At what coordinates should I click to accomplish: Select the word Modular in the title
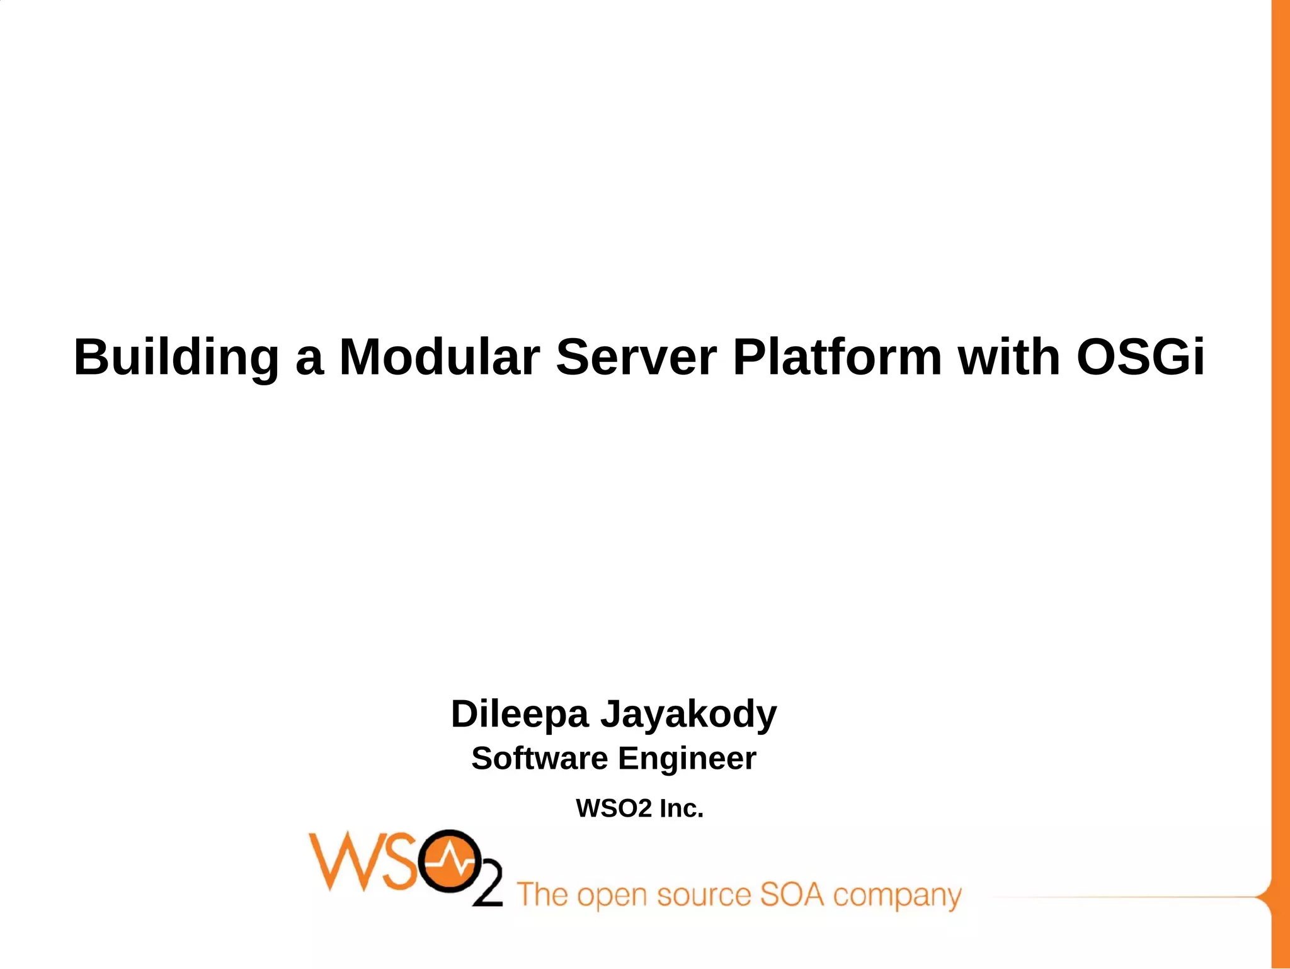click(x=439, y=357)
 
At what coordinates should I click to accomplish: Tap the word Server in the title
click(x=636, y=357)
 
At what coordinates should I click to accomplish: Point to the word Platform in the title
click(x=837, y=357)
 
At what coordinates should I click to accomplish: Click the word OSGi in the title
click(x=1140, y=357)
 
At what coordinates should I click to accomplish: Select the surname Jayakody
click(x=688, y=715)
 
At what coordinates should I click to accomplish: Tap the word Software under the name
click(x=539, y=758)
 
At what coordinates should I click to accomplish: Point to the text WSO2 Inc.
click(x=639, y=808)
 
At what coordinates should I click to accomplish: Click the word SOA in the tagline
click(x=792, y=895)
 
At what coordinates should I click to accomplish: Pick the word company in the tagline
click(x=897, y=897)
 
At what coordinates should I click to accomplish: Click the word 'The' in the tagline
click(x=543, y=895)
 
